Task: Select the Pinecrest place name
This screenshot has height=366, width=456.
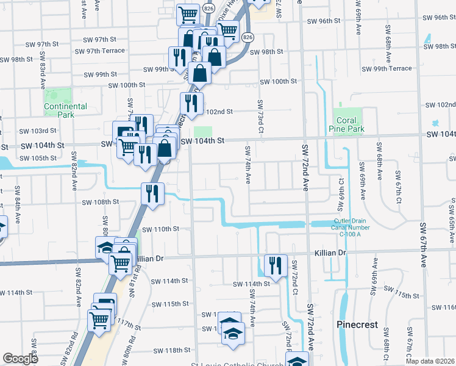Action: [358, 325]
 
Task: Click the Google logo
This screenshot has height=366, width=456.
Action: [20, 359]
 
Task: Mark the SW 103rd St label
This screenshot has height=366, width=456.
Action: [37, 131]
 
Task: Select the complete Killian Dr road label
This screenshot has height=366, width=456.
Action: [330, 252]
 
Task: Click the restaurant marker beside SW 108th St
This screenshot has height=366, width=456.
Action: [152, 193]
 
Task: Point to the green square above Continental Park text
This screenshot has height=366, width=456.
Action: [58, 96]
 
